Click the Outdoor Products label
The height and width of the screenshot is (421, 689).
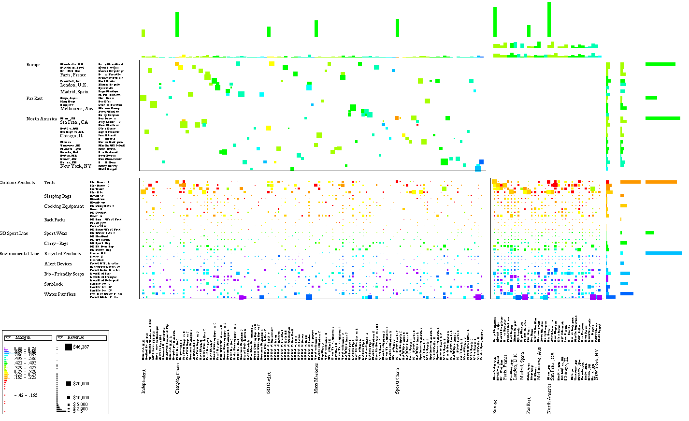click(x=17, y=183)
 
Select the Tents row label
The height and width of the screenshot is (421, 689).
click(x=50, y=183)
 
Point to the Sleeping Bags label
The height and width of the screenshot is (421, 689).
click(x=57, y=196)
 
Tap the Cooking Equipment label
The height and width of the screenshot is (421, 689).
click(x=64, y=206)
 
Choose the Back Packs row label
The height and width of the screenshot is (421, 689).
click(x=55, y=220)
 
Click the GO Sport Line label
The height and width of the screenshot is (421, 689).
click(x=14, y=233)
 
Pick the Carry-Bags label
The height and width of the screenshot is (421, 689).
click(x=56, y=244)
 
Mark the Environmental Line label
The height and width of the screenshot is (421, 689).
click(x=19, y=254)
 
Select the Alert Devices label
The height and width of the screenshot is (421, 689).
click(x=58, y=264)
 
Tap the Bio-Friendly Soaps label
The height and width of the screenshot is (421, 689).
click(x=64, y=274)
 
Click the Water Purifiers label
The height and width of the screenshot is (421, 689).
click(x=60, y=294)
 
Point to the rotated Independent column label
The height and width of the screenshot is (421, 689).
click(x=144, y=381)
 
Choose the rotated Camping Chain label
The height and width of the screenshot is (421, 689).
click(x=178, y=379)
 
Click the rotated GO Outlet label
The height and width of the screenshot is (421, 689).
click(x=269, y=382)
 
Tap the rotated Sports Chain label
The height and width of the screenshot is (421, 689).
click(x=398, y=381)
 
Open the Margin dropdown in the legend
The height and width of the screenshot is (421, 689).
click(x=8, y=337)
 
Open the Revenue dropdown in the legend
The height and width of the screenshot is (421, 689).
click(x=61, y=337)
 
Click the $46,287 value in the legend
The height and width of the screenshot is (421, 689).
click(x=81, y=347)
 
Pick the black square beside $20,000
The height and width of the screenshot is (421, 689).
click(x=69, y=383)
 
